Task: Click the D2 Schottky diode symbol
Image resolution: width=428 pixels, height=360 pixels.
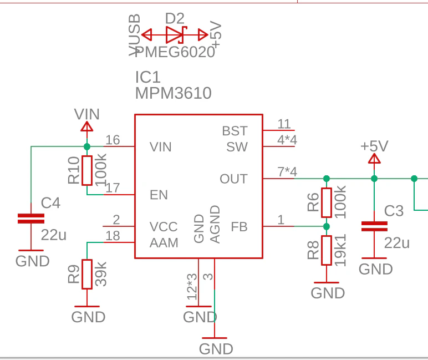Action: (177, 35)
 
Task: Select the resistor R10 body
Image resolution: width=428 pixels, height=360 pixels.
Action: (87, 170)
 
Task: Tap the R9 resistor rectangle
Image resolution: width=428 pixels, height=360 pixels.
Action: (87, 274)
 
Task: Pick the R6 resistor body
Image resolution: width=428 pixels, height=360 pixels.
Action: (327, 202)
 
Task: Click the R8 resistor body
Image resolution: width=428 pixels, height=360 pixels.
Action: (327, 250)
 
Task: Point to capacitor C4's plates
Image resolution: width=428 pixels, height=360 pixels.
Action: (31, 219)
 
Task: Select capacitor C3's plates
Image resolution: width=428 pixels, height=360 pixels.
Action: (374, 226)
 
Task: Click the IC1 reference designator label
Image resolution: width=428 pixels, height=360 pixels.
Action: (147, 77)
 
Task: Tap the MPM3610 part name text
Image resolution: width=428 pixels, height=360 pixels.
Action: (174, 93)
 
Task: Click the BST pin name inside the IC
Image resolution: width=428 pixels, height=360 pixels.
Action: (235, 131)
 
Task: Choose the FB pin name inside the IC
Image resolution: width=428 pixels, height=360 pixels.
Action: (239, 227)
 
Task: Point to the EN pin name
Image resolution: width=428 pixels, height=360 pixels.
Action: (159, 195)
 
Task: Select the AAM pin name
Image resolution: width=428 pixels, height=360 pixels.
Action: (164, 243)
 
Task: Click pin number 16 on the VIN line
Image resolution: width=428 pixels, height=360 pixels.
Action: (113, 140)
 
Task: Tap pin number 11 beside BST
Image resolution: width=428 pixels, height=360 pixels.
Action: (284, 124)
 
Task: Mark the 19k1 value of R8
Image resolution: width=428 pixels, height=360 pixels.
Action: (340, 250)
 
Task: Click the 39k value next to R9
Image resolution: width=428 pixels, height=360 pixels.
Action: (100, 274)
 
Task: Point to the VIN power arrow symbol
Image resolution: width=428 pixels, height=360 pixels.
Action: (87, 126)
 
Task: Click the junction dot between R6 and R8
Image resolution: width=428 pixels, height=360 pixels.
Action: (327, 226)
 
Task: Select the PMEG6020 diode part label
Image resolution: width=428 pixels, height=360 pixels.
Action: (175, 52)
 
